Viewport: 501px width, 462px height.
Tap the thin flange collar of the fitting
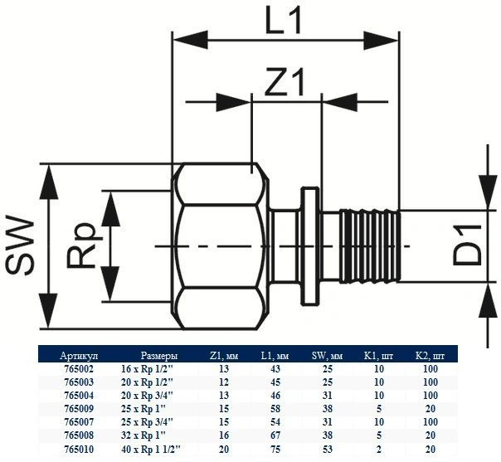click(309, 246)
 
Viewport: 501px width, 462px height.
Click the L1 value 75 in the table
click(275, 450)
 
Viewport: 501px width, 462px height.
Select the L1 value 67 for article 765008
click(275, 436)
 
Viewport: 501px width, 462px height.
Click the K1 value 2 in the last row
click(378, 450)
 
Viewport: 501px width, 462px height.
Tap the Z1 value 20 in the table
click(224, 450)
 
